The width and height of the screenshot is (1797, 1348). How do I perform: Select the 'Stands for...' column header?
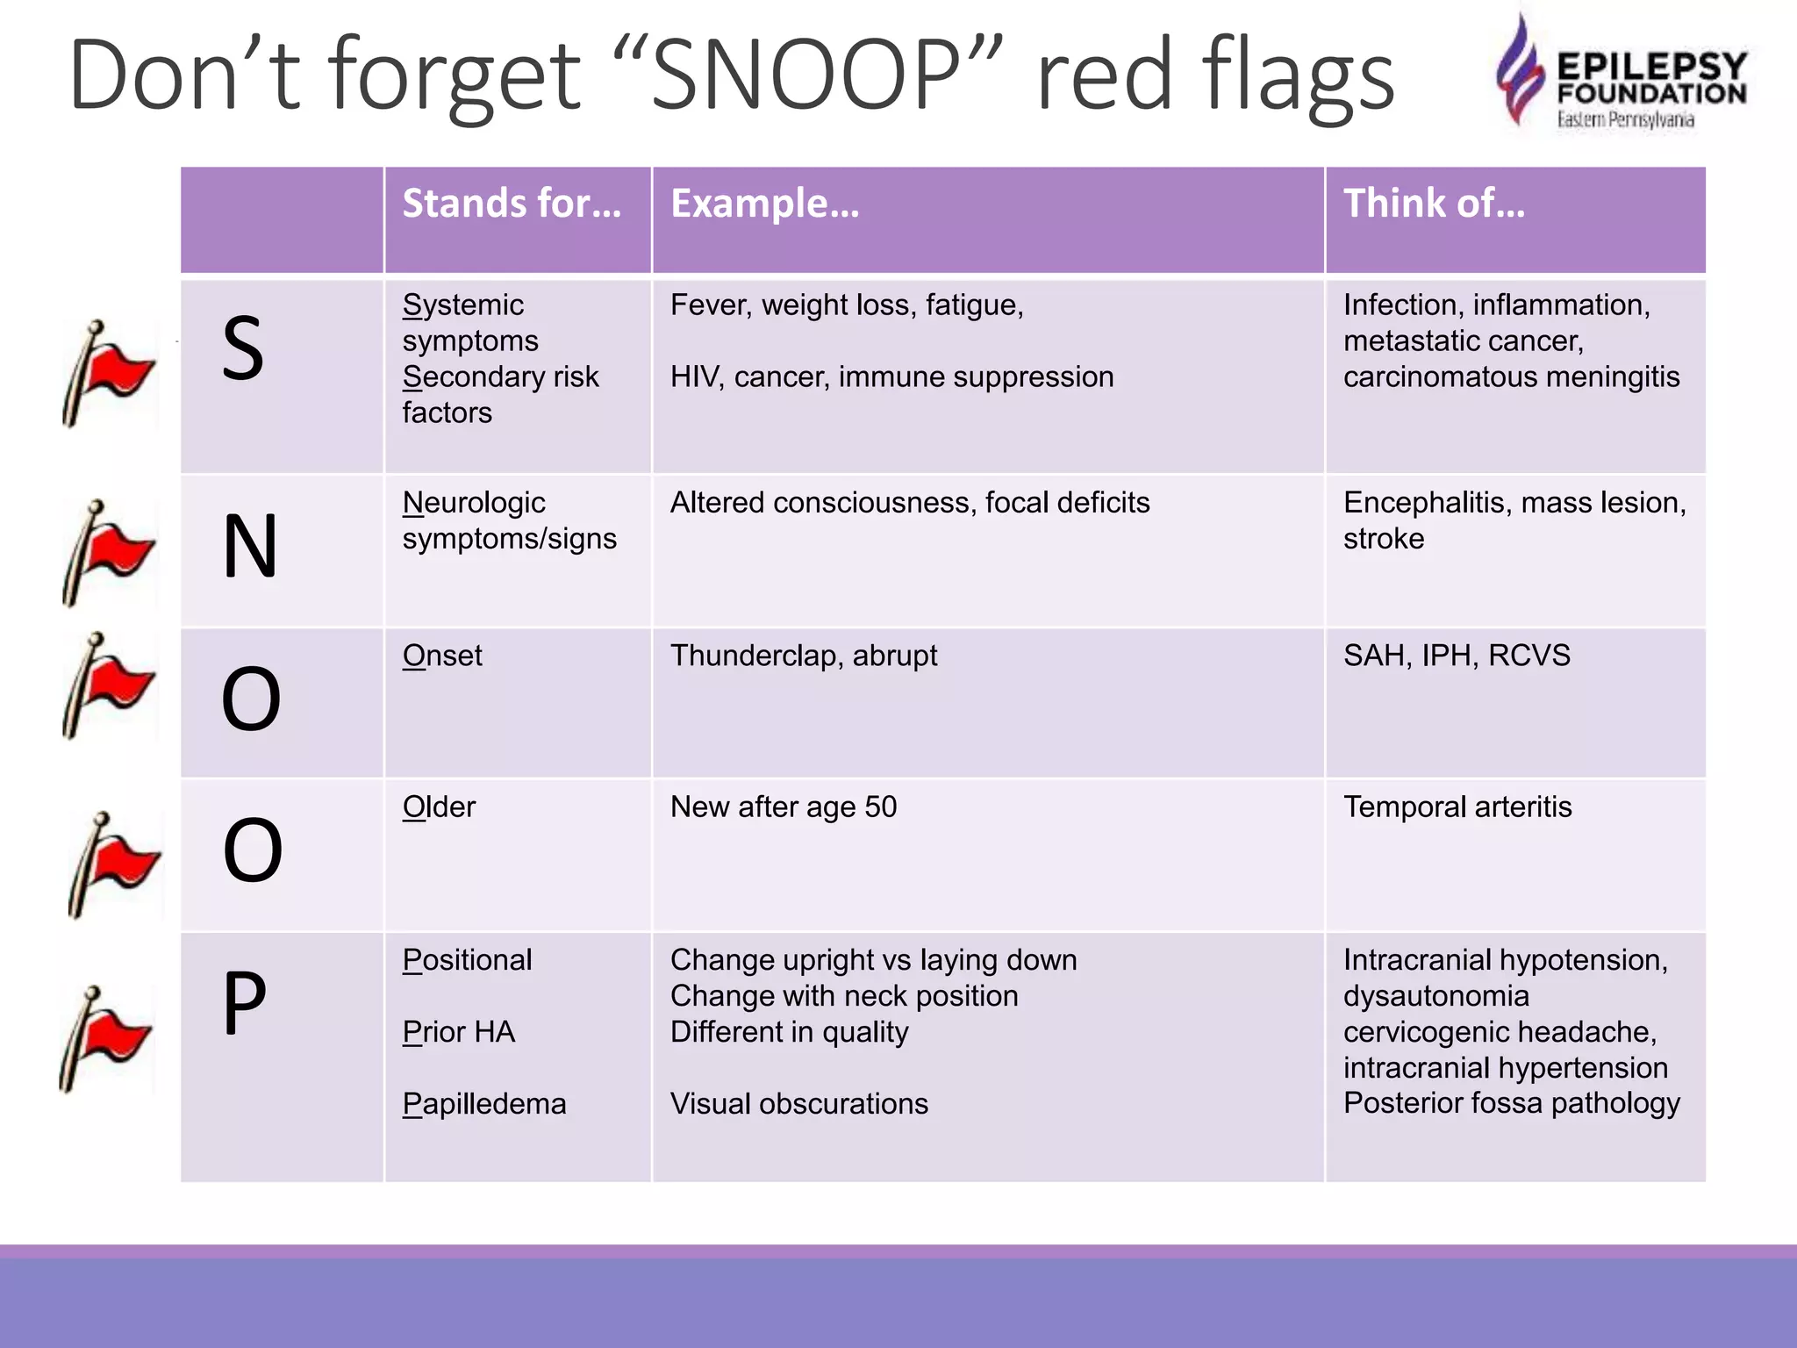(x=512, y=204)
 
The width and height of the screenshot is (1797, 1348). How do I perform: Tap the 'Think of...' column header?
(x=1434, y=204)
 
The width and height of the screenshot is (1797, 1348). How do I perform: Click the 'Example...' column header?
(x=764, y=204)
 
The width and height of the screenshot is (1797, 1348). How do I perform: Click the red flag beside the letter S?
(x=109, y=373)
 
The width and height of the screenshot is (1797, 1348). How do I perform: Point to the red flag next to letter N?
(x=109, y=553)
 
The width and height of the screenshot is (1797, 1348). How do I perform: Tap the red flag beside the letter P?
(x=106, y=1038)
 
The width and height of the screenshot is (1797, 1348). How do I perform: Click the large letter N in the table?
(x=250, y=547)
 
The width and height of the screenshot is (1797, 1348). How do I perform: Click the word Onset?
(x=442, y=656)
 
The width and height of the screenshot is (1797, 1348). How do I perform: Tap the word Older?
(x=439, y=807)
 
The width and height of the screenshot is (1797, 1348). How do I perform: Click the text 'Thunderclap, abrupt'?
(x=803, y=656)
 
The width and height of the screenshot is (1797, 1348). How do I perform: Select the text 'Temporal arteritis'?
(x=1457, y=807)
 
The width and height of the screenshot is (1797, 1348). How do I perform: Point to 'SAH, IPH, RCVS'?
(x=1456, y=656)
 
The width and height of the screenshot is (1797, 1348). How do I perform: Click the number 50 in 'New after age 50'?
(x=880, y=807)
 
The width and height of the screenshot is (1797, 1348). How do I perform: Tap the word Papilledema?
(x=484, y=1103)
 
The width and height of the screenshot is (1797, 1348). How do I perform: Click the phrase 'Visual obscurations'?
(x=798, y=1103)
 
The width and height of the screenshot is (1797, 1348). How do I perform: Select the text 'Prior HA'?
(x=459, y=1031)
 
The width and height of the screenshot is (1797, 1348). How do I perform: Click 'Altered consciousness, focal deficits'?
(x=909, y=502)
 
